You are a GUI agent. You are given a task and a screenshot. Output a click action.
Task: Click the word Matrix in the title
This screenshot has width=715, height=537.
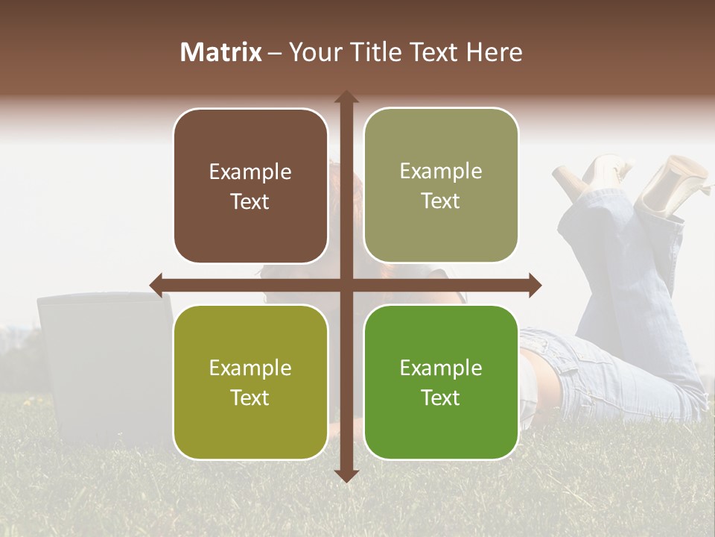tap(221, 52)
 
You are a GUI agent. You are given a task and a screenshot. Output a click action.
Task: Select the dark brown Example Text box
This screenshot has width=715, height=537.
tap(250, 186)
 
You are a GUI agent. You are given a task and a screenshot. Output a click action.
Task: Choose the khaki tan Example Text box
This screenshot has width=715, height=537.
tap(441, 186)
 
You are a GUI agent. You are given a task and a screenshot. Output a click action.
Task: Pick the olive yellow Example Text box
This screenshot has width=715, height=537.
tap(250, 383)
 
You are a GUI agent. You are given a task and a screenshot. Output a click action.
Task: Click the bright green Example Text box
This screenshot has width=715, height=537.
tap(441, 383)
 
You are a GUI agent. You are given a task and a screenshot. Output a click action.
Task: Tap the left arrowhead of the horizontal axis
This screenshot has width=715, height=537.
tap(156, 285)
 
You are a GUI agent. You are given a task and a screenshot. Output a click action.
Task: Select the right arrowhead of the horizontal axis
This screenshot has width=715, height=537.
tap(535, 285)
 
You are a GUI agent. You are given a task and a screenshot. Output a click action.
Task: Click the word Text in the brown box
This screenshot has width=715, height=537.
tap(250, 201)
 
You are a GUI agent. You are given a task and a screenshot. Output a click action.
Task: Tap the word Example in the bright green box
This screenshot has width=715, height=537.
tap(441, 368)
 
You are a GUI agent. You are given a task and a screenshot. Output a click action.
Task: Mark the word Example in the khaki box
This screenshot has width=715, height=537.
tap(441, 171)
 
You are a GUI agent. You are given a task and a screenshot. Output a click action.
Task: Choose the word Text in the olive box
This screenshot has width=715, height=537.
tap(250, 398)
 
